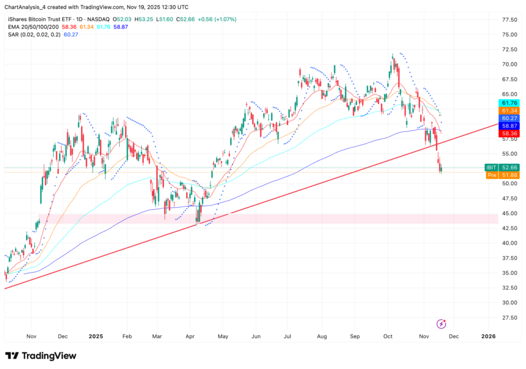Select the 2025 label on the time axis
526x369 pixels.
pos(96,337)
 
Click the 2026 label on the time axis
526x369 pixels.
pos(489,337)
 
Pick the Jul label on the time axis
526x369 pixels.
pos(288,337)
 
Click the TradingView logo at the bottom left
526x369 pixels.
pos(41,356)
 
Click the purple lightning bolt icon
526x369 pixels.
pos(441,324)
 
